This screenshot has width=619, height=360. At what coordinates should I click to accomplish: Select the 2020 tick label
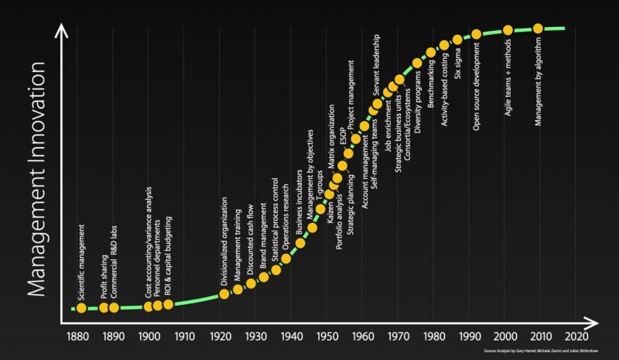pyautogui.click(x=576, y=337)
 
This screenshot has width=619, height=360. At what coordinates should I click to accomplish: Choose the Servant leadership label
pyautogui.click(x=376, y=70)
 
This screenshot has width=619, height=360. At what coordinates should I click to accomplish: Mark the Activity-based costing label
pyautogui.click(x=443, y=89)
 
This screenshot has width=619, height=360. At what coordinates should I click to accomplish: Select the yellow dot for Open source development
pyautogui.click(x=477, y=34)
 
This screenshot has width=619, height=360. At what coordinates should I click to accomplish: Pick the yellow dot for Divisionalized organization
pyautogui.click(x=224, y=293)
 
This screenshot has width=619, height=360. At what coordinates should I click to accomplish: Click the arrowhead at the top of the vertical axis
pyautogui.click(x=63, y=31)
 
